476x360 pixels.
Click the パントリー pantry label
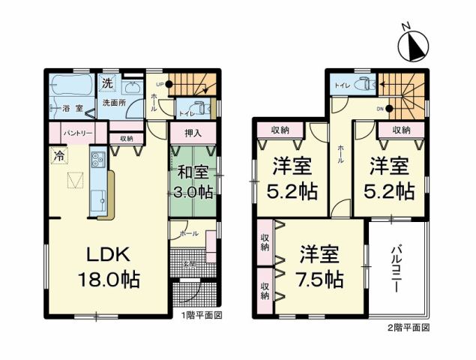click(78, 132)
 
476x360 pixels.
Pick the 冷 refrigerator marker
click(58, 156)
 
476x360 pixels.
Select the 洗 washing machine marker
click(108, 82)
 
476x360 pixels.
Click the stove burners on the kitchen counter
click(97, 159)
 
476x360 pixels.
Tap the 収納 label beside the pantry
click(125, 138)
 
